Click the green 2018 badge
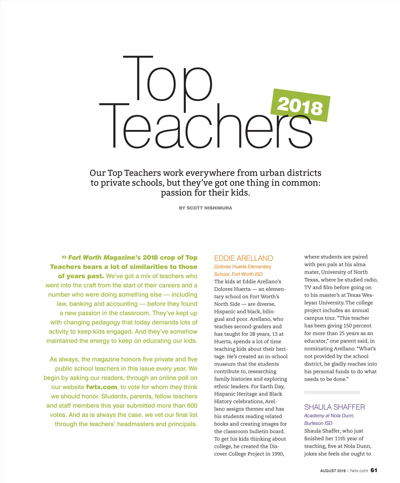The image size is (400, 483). [300, 106]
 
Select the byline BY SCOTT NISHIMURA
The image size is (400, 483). [205, 208]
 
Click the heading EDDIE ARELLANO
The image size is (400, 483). [243, 258]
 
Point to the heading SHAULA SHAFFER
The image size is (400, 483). [334, 407]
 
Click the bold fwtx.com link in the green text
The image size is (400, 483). [102, 387]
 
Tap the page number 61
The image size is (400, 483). [374, 470]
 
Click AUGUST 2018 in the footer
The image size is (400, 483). [333, 471]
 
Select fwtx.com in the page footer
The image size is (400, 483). [359, 471]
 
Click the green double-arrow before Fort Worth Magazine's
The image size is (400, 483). [64, 257]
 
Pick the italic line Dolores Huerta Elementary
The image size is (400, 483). [243, 266]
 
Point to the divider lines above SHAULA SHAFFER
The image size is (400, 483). [332, 392]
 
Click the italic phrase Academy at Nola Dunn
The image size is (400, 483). [329, 415]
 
